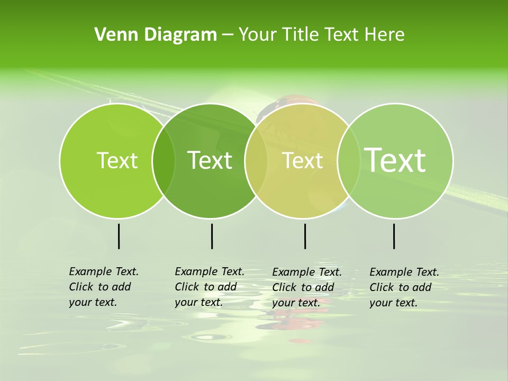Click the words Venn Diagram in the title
point(156,35)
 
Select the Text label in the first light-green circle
point(117,160)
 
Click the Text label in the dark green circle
point(210,160)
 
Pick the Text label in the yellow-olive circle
point(303,160)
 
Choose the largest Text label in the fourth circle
point(395,160)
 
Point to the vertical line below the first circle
point(119,236)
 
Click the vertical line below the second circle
point(212,236)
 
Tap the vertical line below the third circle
point(305,236)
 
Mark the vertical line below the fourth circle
point(394,236)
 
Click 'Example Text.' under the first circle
point(104,271)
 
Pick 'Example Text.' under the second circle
point(210,271)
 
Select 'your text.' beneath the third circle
point(296,303)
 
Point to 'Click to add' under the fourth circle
point(401,287)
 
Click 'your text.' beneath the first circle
point(93,302)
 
